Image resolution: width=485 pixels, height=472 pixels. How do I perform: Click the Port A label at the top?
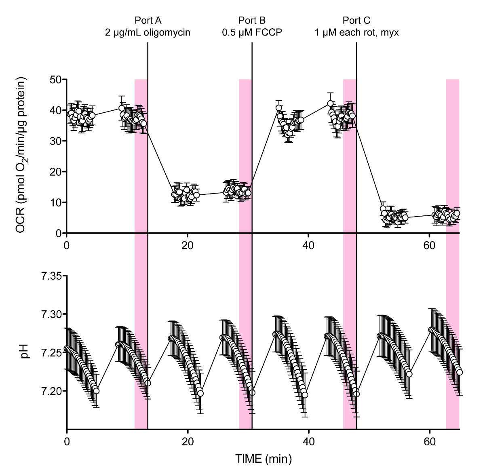tap(148, 21)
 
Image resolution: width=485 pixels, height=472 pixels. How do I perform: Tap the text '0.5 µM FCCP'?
tap(252, 33)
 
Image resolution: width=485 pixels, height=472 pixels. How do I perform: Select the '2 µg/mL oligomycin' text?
tap(148, 33)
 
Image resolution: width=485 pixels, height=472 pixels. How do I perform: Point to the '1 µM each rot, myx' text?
tap(357, 33)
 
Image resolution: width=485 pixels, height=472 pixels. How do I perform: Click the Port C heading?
tap(356, 21)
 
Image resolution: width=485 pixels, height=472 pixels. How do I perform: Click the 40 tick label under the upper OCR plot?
tap(308, 246)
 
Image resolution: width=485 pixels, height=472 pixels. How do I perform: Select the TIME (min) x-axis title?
tap(264, 459)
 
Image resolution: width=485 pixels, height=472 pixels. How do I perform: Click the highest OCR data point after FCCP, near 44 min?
tap(330, 104)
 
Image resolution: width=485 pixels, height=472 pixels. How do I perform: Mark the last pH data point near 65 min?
tap(459, 372)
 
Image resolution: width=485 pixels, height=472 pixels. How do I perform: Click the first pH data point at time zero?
tap(67, 348)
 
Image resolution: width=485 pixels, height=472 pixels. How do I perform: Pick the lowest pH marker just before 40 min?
tap(305, 395)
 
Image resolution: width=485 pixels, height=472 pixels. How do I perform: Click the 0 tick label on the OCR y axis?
tap(59, 233)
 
